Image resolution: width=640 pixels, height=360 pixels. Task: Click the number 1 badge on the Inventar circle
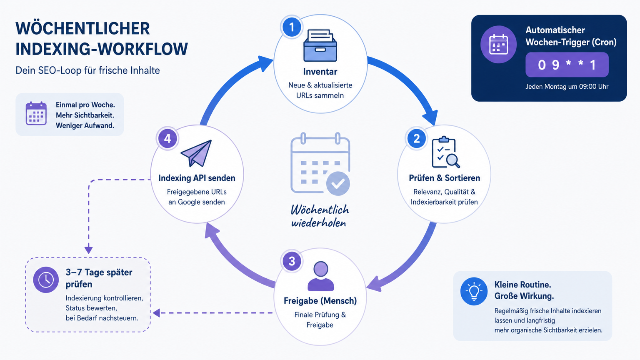(291, 27)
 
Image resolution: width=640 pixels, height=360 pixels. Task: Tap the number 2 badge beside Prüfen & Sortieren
(416, 139)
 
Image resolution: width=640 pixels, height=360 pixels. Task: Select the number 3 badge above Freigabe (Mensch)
(292, 261)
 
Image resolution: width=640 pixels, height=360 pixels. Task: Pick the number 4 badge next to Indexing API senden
(167, 139)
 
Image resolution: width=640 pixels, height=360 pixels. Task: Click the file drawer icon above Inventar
(320, 45)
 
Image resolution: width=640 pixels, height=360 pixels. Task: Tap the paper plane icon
(196, 153)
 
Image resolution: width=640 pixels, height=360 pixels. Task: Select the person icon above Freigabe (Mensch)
(320, 276)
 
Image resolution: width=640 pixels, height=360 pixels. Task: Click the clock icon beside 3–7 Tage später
(46, 280)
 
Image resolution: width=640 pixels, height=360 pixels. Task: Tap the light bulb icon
(474, 291)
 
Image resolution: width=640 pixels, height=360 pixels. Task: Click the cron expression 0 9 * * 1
(567, 65)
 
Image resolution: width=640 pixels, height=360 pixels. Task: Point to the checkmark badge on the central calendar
(338, 183)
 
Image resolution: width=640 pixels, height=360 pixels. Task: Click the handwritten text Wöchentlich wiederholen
(320, 216)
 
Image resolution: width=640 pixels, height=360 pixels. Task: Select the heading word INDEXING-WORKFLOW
(102, 49)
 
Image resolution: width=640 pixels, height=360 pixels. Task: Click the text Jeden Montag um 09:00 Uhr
(567, 87)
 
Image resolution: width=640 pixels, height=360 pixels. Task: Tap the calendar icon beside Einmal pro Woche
(36, 113)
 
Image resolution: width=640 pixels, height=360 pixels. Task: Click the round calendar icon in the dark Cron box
(499, 45)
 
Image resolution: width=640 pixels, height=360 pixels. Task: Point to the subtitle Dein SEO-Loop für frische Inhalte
(88, 70)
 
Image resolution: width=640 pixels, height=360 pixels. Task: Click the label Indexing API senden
(197, 178)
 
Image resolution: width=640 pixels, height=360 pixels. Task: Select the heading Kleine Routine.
(523, 285)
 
